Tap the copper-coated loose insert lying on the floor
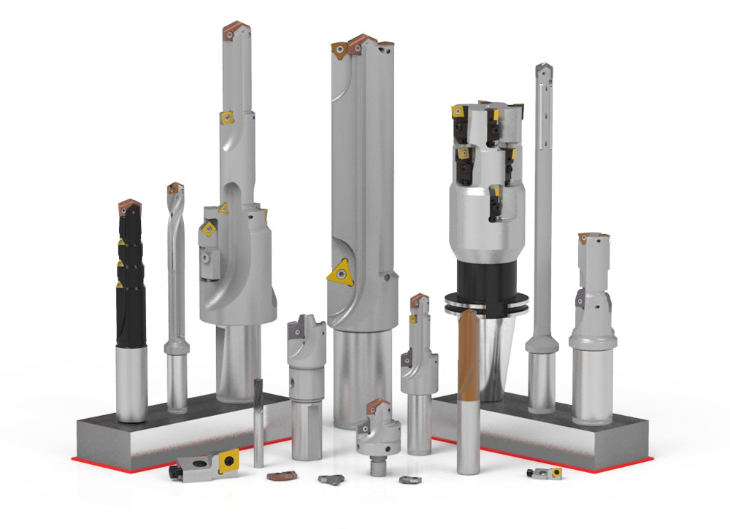278,476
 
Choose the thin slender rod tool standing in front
258,423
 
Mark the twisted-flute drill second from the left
175,292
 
